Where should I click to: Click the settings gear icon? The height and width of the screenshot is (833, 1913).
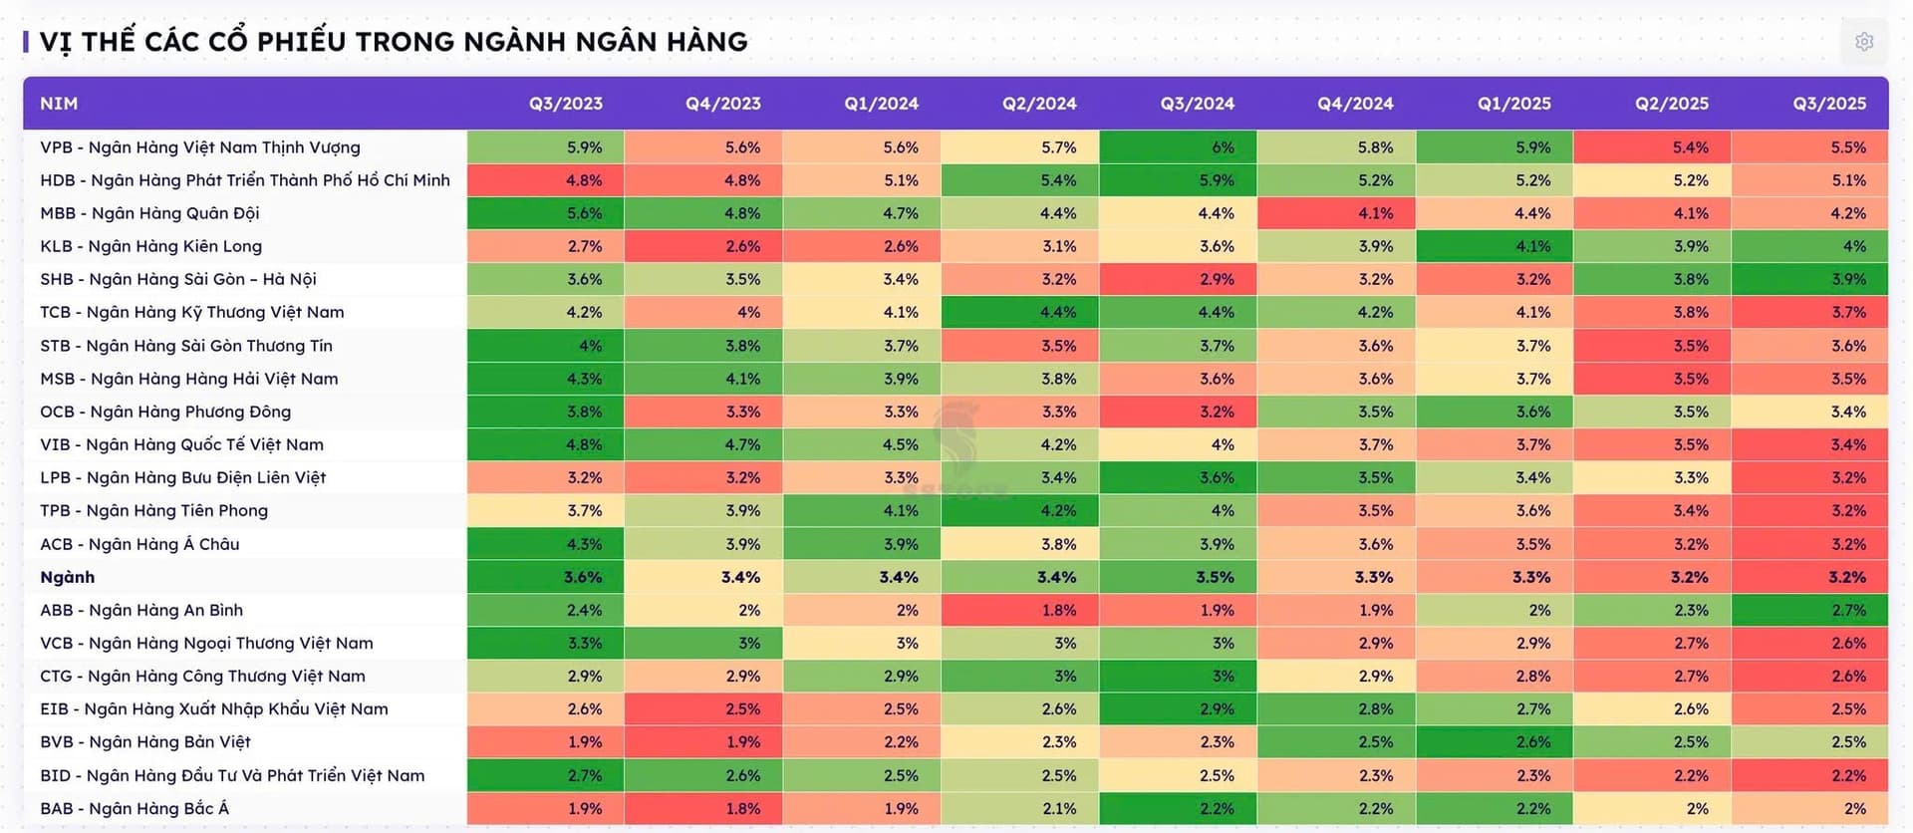click(1864, 42)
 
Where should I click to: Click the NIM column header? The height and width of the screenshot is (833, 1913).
click(59, 104)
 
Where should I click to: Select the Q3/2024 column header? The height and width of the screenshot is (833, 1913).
click(1197, 104)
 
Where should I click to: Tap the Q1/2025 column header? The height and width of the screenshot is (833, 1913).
click(1513, 104)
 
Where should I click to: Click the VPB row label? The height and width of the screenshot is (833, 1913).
click(200, 147)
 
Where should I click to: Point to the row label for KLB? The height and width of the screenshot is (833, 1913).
click(151, 246)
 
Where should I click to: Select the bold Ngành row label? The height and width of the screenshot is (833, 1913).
click(68, 577)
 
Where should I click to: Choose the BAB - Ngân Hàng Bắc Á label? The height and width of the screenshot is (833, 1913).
click(135, 808)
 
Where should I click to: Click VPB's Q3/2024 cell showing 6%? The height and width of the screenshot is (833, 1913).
click(1178, 147)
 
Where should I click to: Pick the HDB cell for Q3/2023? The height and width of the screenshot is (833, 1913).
click(546, 180)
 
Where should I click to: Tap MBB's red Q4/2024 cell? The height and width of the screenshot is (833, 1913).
click(1336, 213)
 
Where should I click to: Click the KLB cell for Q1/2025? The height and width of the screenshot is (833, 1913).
click(1495, 246)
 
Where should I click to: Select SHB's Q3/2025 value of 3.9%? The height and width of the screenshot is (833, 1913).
click(1810, 279)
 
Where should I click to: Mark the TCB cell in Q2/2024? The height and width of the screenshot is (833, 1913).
click(1020, 312)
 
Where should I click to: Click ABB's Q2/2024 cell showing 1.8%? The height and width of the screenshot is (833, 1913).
click(1020, 610)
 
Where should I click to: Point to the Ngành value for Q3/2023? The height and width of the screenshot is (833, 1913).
click(546, 577)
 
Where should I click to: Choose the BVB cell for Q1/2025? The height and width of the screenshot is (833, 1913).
click(1495, 741)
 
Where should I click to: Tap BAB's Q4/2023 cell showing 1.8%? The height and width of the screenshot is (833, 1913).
click(703, 808)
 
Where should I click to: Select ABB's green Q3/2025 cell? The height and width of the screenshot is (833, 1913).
click(1810, 610)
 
